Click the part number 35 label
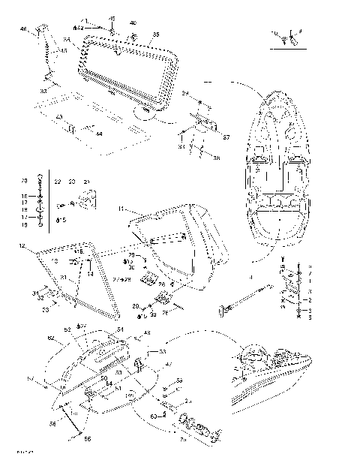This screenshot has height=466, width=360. coord(156,35)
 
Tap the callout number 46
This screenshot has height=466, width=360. coord(22,29)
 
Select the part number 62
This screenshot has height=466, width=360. coord(50,338)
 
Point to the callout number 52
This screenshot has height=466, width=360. coord(67,329)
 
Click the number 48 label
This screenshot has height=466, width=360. coord(147,333)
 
